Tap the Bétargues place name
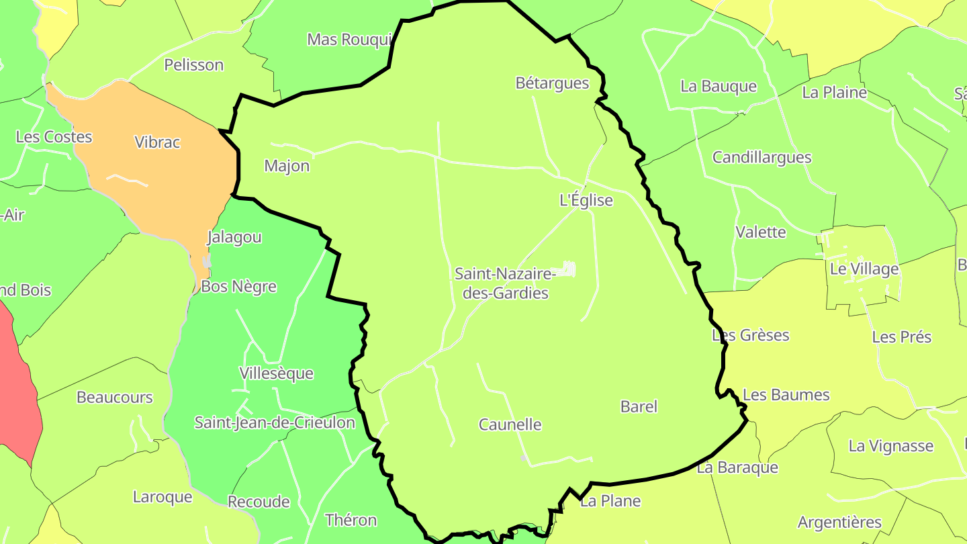552,83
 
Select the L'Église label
586,200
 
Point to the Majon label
287,166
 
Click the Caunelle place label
510,424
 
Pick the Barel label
639,406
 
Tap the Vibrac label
157,142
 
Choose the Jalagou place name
234,237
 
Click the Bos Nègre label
238,287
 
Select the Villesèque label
276,373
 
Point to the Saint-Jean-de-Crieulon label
275,422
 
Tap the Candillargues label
762,158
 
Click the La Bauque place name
718,87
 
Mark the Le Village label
864,269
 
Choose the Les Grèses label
750,335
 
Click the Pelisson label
193,65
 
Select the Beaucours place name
115,398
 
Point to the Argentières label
839,523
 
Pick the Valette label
760,232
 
